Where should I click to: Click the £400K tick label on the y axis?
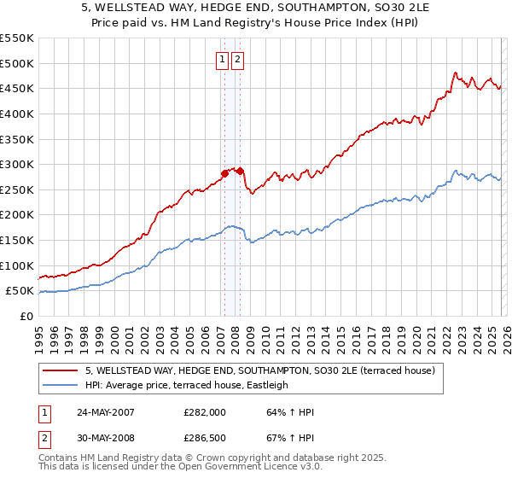coord(17,114)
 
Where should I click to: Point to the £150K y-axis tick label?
coord(17,240)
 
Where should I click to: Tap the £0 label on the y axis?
coord(26,316)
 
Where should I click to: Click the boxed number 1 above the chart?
coord(222,60)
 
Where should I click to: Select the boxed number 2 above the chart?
coord(236,60)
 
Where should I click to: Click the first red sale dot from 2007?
coord(225,173)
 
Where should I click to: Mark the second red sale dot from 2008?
coord(241,171)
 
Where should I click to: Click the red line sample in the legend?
coord(60,370)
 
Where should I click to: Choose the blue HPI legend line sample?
coord(60,385)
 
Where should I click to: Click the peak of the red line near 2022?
coord(456,73)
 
